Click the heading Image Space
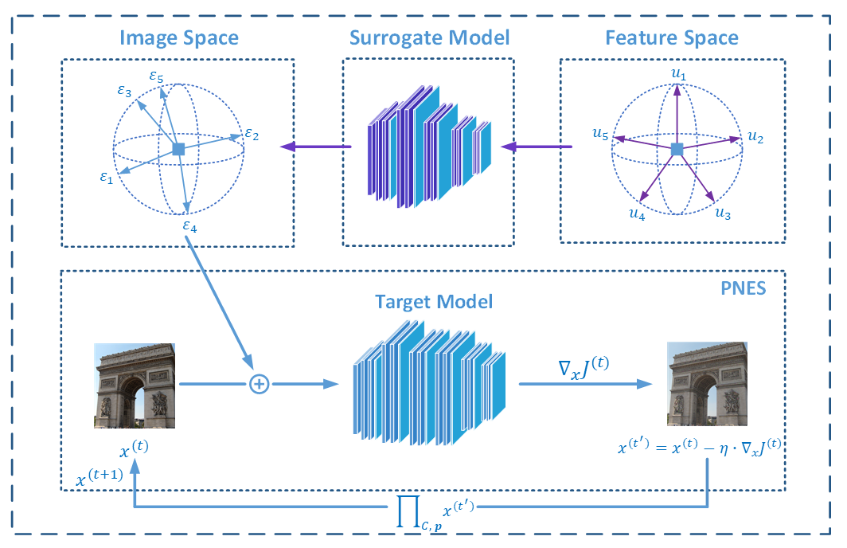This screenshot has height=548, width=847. click(179, 37)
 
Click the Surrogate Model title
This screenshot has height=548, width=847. click(429, 37)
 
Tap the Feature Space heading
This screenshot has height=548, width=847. click(671, 37)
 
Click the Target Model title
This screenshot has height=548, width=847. click(434, 302)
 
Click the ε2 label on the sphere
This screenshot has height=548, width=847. click(252, 135)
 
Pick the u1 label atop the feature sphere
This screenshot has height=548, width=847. click(677, 75)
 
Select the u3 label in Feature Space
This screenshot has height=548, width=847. click(723, 213)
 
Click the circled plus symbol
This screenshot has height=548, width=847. click(258, 384)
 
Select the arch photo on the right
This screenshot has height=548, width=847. click(708, 384)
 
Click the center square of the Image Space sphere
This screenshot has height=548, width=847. click(179, 149)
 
